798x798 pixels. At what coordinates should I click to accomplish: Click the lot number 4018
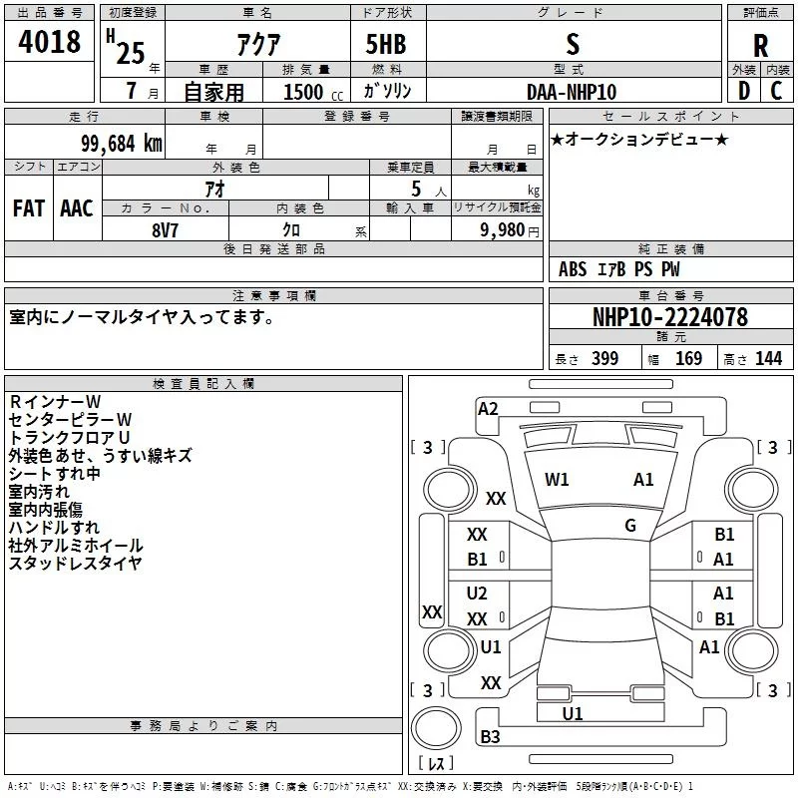coord(49,42)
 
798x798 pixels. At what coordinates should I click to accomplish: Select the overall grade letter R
coord(760,45)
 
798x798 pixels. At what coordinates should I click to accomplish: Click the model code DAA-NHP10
coord(572,92)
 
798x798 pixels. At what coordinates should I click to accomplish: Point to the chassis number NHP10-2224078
coord(669,317)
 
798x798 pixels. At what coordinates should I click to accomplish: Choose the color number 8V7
coord(167,228)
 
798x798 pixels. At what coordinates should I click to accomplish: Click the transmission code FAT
coord(29,207)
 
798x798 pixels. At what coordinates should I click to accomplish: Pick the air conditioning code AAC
coord(77,207)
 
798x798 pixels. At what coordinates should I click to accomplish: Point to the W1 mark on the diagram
coord(557,480)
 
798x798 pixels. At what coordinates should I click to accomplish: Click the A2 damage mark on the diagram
coord(488,408)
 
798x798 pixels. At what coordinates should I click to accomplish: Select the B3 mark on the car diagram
coord(490,737)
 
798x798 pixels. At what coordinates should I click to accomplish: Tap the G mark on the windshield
coord(630,525)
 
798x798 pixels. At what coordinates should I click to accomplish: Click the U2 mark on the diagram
coord(477,594)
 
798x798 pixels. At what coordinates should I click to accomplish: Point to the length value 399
coord(604,359)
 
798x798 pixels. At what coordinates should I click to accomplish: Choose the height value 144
coord(768,359)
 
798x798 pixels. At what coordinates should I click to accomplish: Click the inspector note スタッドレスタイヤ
coord(75,564)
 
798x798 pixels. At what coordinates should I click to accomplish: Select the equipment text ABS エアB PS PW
coord(618,269)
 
